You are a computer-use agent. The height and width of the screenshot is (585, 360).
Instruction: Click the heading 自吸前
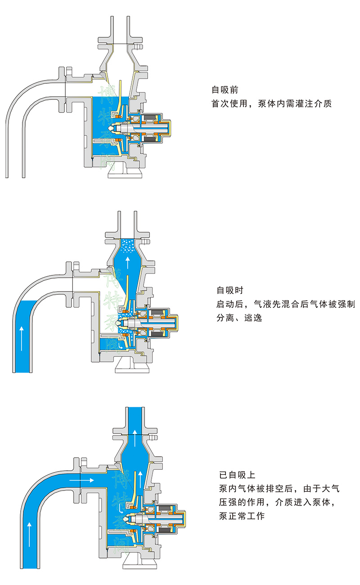(225, 90)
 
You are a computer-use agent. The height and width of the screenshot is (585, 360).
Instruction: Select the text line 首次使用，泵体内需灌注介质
(272, 104)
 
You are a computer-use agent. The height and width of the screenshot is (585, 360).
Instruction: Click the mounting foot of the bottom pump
(140, 560)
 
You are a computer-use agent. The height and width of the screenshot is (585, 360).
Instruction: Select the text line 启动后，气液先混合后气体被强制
(286, 304)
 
